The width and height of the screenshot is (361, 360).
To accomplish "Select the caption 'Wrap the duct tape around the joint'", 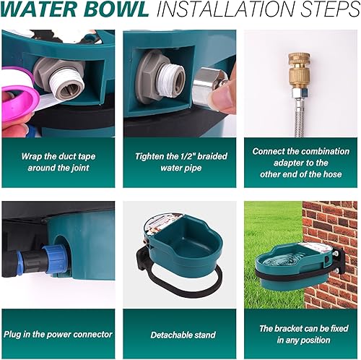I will [57, 162].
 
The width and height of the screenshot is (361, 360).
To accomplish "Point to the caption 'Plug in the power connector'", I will [58, 335].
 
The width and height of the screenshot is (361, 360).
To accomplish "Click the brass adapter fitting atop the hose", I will [300, 69].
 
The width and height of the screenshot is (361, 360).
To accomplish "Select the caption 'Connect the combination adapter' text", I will [300, 162].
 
